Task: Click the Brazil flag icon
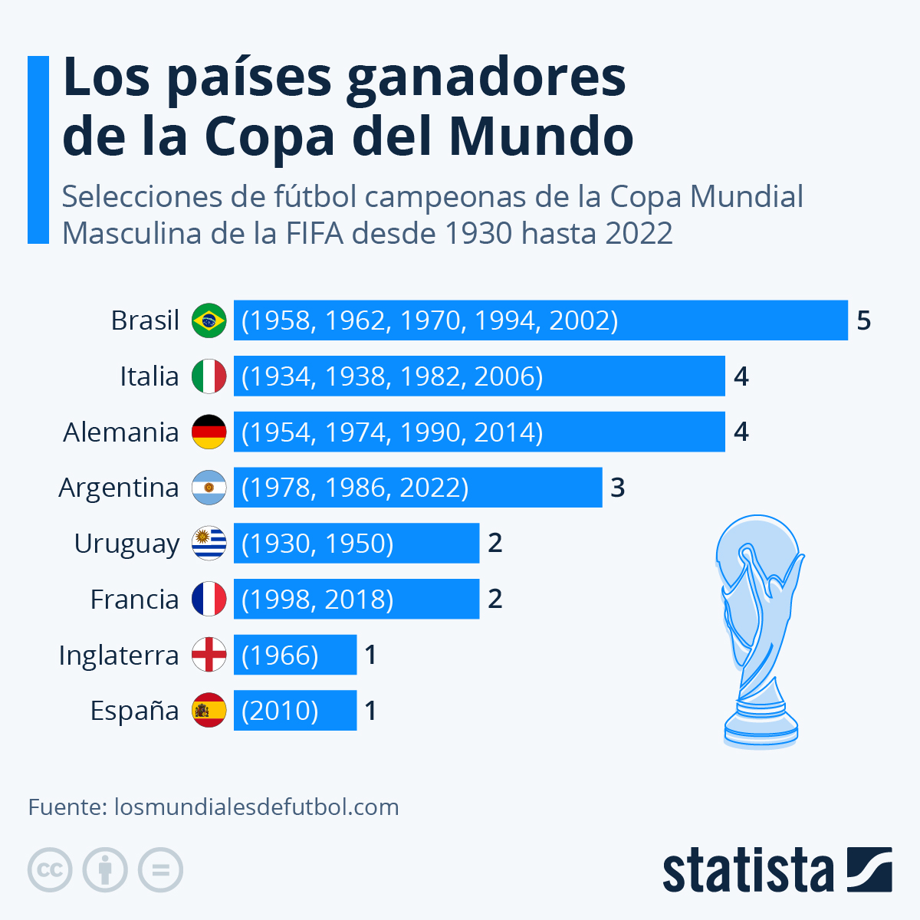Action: [x=209, y=320]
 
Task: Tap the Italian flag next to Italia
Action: [x=209, y=376]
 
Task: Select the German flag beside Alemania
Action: [x=209, y=432]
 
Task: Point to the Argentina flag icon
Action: [x=209, y=488]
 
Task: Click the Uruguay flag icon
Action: [x=209, y=543]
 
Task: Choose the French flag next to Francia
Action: [x=209, y=599]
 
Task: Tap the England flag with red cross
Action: [x=209, y=655]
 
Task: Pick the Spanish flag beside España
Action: [x=209, y=710]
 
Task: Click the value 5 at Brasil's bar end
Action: [x=864, y=320]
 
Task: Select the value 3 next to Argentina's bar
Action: [x=618, y=488]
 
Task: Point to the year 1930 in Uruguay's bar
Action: [x=281, y=543]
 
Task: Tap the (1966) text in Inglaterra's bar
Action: [x=280, y=655]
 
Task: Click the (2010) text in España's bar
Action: [x=280, y=710]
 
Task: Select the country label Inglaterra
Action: [x=119, y=655]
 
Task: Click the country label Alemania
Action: [x=121, y=432]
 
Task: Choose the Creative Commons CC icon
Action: [x=50, y=870]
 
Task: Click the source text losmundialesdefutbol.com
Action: [x=256, y=807]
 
